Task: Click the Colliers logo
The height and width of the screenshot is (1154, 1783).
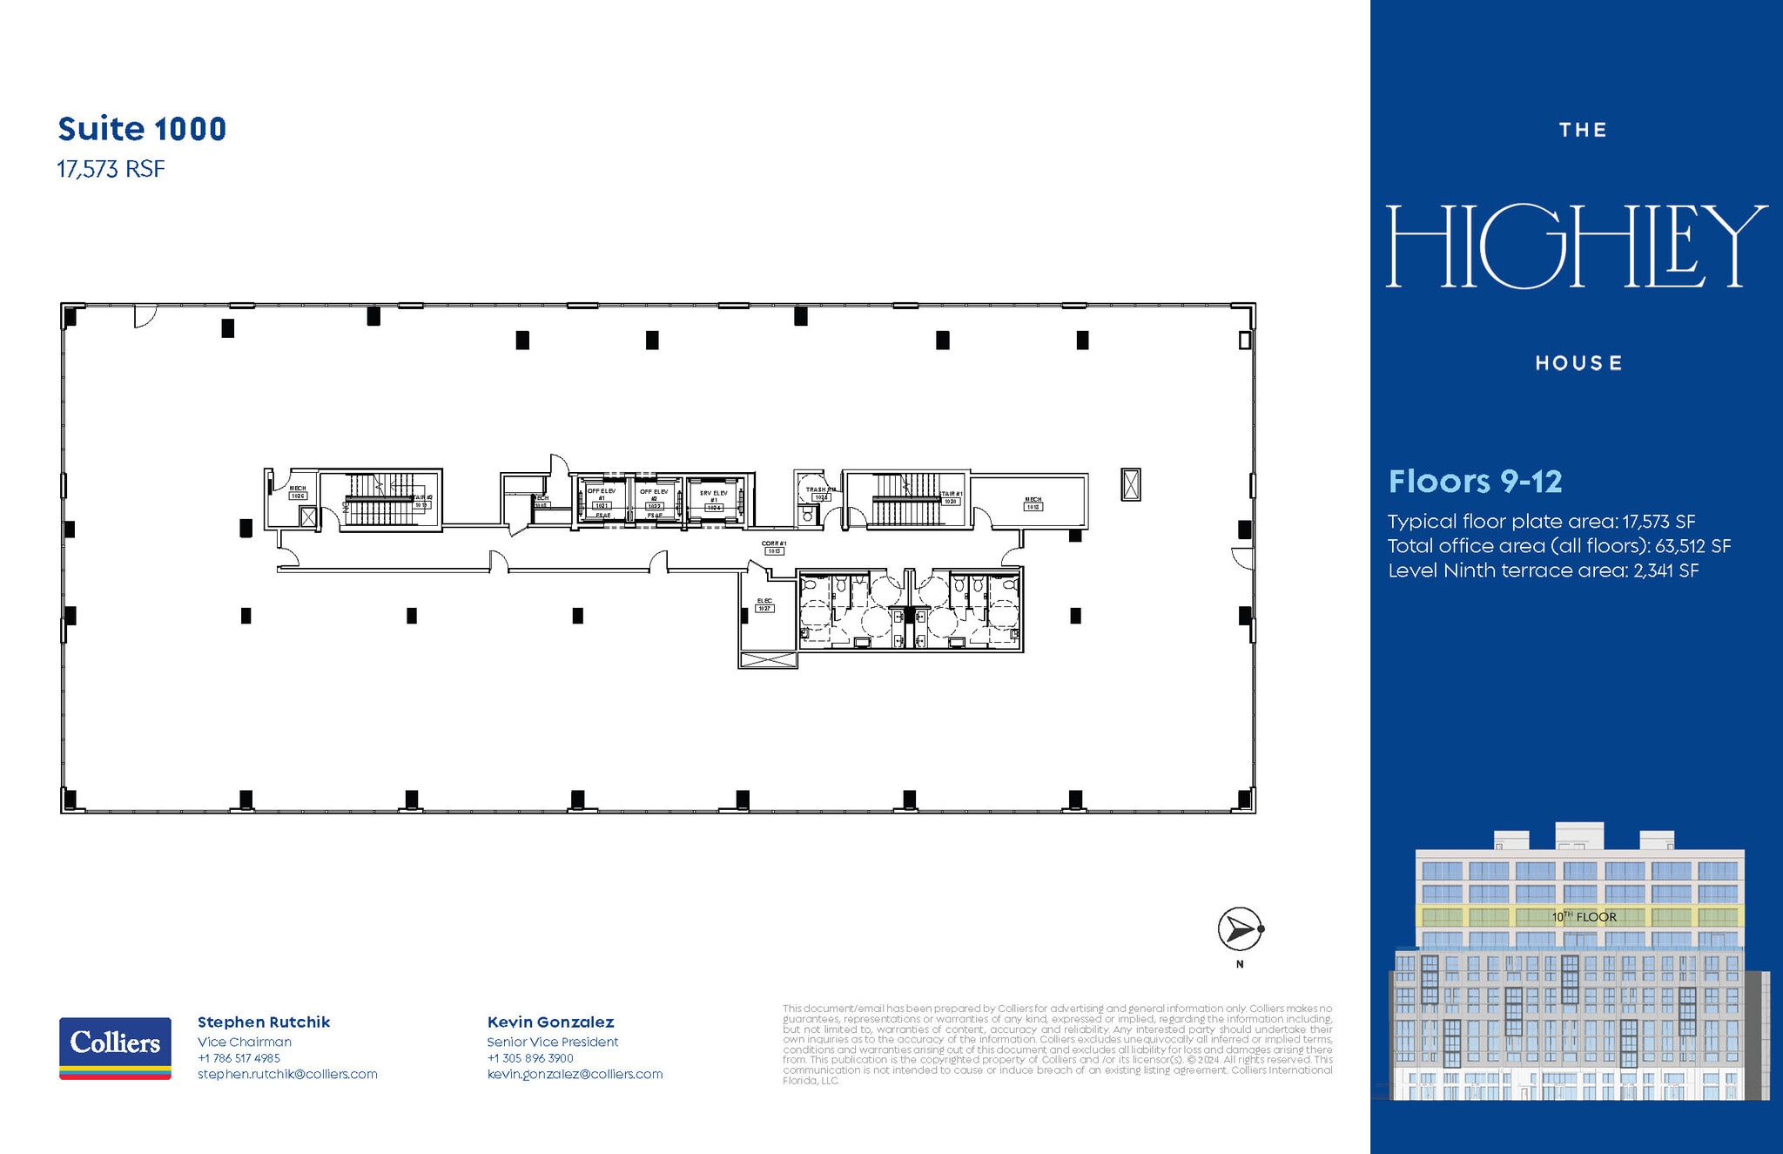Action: tap(115, 1047)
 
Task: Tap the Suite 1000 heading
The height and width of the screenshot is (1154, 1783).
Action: tap(142, 129)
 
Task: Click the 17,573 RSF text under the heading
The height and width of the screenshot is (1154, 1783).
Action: tap(111, 169)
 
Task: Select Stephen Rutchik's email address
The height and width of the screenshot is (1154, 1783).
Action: tap(287, 1074)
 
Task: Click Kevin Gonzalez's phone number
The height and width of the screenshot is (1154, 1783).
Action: tap(530, 1058)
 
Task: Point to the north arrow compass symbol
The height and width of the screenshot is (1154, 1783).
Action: tap(1240, 929)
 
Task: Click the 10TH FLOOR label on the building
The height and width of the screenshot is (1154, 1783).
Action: tap(1584, 916)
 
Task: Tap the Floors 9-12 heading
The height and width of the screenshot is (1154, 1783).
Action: tap(1475, 481)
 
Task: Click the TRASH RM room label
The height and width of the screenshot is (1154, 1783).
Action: tap(820, 490)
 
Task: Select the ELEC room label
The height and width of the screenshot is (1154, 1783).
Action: tap(764, 602)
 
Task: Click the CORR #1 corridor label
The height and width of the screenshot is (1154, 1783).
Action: tap(774, 544)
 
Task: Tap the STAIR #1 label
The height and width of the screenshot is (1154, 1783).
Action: tap(950, 495)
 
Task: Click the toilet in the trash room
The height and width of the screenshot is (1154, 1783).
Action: tap(807, 516)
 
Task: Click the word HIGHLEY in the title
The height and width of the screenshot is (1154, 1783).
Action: tap(1577, 246)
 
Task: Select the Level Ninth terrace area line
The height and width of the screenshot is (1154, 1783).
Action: tap(1543, 570)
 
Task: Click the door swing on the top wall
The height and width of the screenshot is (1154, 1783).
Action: tap(145, 316)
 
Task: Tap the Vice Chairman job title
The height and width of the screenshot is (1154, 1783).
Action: tap(245, 1042)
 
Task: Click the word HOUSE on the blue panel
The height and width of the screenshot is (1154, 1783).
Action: tap(1578, 363)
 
